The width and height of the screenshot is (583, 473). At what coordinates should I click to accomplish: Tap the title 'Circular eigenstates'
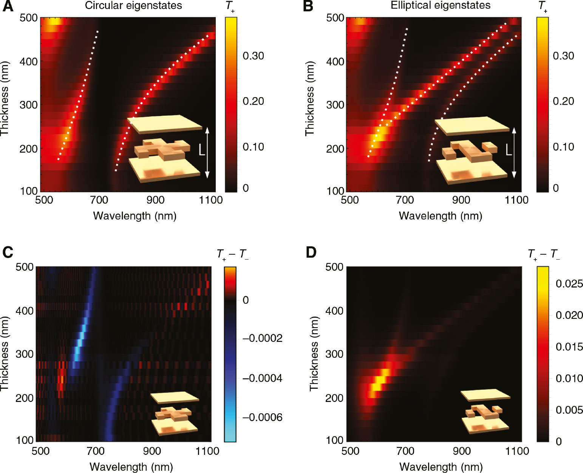click(x=133, y=6)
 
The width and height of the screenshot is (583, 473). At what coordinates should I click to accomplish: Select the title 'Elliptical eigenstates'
click(x=441, y=5)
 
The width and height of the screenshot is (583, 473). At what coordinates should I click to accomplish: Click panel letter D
click(x=311, y=252)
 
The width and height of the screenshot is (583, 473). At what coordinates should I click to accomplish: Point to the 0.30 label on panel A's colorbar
click(x=253, y=56)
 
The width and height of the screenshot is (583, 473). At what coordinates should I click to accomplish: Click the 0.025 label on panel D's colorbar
click(x=569, y=284)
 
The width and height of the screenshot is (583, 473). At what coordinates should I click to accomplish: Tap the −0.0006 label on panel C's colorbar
click(x=263, y=417)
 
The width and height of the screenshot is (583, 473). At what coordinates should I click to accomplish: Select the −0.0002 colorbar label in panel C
click(x=263, y=338)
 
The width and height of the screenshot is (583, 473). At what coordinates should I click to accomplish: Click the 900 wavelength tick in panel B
click(x=461, y=200)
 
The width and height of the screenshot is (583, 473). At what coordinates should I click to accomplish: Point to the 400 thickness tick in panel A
click(x=29, y=61)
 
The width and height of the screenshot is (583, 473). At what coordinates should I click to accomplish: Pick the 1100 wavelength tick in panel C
click(x=208, y=451)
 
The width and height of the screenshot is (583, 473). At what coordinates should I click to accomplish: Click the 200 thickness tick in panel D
click(x=334, y=398)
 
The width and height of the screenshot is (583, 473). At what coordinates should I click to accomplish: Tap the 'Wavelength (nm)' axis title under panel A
click(x=135, y=216)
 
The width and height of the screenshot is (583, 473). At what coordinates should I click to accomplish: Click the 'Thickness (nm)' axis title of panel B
click(x=310, y=98)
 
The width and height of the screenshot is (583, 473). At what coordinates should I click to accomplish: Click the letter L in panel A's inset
click(x=202, y=150)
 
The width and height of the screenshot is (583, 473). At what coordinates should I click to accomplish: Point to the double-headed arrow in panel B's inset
click(x=514, y=153)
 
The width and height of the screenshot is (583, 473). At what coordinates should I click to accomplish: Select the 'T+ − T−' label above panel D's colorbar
click(x=544, y=254)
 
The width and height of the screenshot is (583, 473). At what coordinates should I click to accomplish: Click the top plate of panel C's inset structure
click(x=175, y=397)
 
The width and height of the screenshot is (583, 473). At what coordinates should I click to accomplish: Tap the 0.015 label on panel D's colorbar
click(x=569, y=347)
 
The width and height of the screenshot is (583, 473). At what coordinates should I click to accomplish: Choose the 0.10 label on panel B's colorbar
click(x=563, y=147)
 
